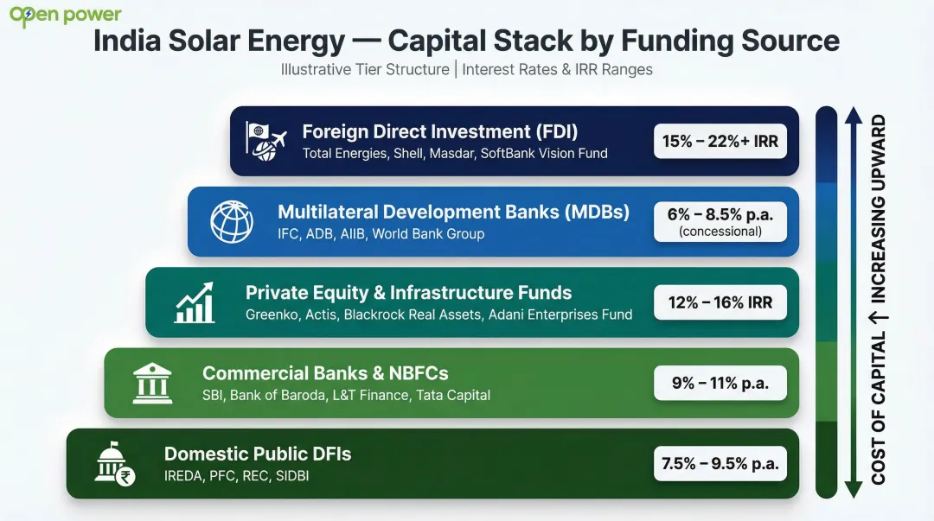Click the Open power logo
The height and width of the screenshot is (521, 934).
point(66,16)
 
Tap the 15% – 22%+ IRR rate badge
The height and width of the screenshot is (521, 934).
point(720,141)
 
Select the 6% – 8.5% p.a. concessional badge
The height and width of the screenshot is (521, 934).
point(720,222)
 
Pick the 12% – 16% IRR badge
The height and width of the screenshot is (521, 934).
point(720,303)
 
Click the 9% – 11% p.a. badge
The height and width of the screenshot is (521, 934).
point(720,383)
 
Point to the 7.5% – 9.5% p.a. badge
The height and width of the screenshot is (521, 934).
point(720,464)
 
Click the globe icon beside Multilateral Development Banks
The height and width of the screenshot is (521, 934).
point(232,222)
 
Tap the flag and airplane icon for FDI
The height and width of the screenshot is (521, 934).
point(265,141)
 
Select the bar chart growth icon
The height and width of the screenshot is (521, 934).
point(195,302)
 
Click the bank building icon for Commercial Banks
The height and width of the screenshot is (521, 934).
point(152,383)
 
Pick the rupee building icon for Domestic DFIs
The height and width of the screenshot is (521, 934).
point(115,464)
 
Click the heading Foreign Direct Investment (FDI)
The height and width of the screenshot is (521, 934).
point(439,132)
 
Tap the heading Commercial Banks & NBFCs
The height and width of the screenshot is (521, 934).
point(325,373)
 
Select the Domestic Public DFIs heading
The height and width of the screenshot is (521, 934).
point(258,454)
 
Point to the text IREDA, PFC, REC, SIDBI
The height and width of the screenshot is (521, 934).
point(236,476)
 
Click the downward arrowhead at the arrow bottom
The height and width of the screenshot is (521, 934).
point(854,490)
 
